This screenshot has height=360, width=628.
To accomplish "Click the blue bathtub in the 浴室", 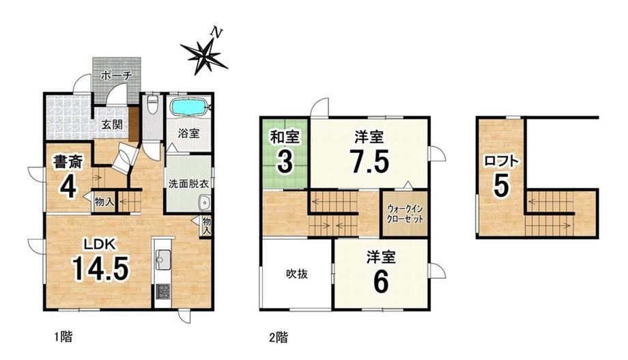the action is [x=188, y=107].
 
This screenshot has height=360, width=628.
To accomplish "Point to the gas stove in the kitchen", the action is [x=162, y=292].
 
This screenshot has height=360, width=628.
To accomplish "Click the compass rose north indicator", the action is [x=205, y=52].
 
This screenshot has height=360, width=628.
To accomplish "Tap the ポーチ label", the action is [x=116, y=74].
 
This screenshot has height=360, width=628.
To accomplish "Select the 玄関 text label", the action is [x=111, y=125].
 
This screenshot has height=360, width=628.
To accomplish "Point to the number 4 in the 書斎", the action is [x=68, y=186].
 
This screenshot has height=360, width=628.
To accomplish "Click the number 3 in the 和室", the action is [x=285, y=162].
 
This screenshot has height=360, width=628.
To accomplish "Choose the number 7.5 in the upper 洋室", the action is [x=369, y=161].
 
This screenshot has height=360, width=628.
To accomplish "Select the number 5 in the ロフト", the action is [x=502, y=185].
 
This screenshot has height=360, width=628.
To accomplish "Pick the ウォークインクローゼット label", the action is [x=405, y=214].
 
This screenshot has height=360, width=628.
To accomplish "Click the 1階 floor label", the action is [x=63, y=337].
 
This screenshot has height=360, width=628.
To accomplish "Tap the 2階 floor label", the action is [x=278, y=337].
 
